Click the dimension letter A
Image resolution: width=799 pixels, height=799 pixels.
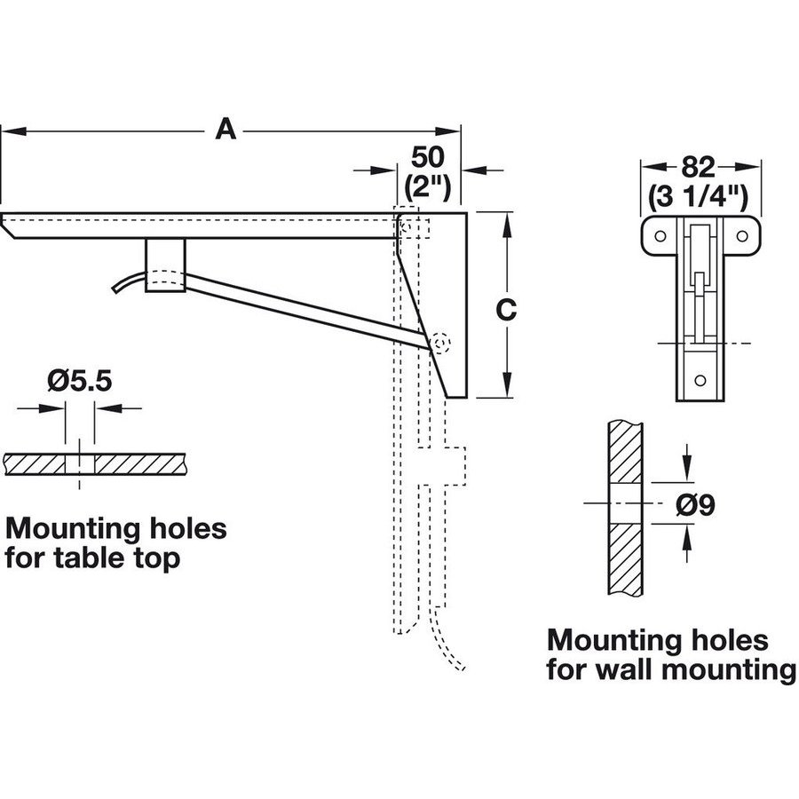point(227,131)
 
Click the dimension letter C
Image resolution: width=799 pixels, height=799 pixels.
point(504,310)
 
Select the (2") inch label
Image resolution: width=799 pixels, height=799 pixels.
point(428,187)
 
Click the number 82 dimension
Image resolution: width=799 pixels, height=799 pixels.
point(701,166)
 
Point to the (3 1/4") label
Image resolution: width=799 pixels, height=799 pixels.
point(701,195)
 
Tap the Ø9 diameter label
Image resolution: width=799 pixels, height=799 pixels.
point(696,504)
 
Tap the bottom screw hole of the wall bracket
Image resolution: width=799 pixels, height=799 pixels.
point(700,381)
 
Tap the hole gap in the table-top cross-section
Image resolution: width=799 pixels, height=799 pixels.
point(81,463)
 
